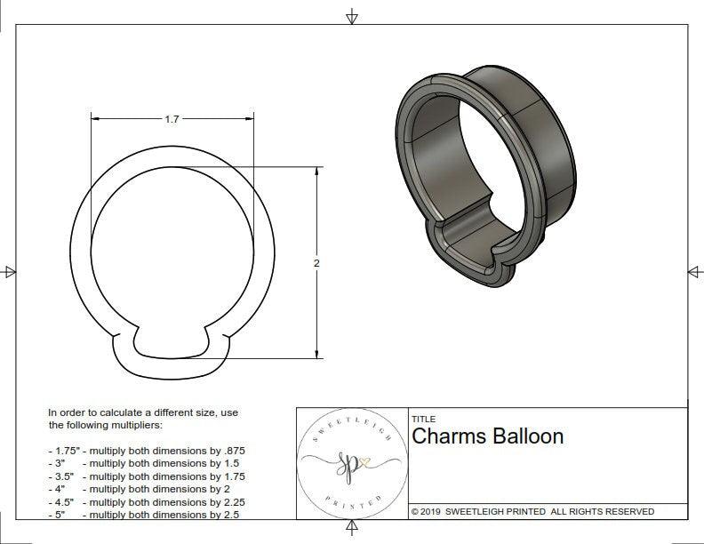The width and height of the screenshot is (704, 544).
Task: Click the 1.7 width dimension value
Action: pyautogui.click(x=172, y=119)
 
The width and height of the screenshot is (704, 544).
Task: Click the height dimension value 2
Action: pyautogui.click(x=316, y=263)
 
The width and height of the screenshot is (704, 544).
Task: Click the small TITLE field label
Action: pyautogui.click(x=422, y=419)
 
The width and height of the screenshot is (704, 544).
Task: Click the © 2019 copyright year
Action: pyautogui.click(x=428, y=512)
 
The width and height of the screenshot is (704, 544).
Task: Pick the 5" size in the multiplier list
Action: pyautogui.click(x=60, y=515)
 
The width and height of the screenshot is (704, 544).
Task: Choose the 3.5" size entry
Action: pyautogui.click(x=63, y=476)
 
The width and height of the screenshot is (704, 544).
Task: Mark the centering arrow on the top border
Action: pyautogui.click(x=352, y=16)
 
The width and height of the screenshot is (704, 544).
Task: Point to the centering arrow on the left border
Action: pyautogui.click(x=10, y=271)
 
